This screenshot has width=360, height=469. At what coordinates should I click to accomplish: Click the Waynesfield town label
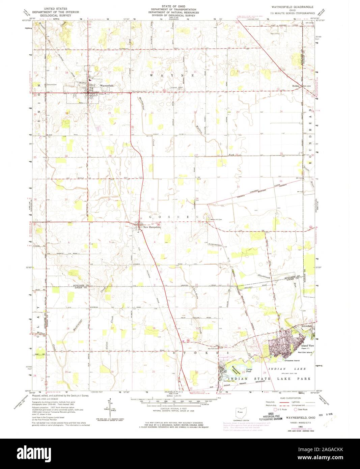pos(107,86)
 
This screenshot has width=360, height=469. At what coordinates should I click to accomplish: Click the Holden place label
pos(296,86)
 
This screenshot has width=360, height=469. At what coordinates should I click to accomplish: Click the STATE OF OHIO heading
pos(174,6)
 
